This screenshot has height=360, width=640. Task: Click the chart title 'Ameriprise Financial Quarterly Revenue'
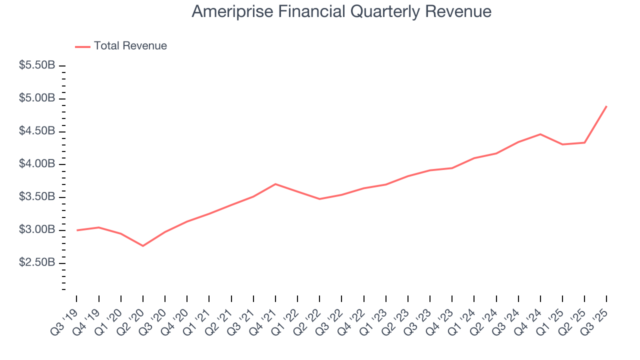[x=341, y=11]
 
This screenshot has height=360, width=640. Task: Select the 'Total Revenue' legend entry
[x=130, y=46]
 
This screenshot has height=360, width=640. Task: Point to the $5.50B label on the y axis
[x=37, y=65]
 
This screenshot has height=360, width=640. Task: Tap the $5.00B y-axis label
[x=37, y=98]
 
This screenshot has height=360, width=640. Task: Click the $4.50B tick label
[x=37, y=131]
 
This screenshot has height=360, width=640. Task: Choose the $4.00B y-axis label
[x=37, y=164]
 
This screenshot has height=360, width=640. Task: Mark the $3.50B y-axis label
[x=37, y=197]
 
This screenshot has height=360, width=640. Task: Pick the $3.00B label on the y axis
[x=37, y=230]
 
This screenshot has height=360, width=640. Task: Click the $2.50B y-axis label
[x=37, y=263]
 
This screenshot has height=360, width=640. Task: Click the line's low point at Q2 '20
[x=143, y=246]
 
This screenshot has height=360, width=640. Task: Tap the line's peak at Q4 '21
[x=275, y=184]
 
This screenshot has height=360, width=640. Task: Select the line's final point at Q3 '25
[x=606, y=106]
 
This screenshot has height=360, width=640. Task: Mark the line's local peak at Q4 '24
[x=540, y=134]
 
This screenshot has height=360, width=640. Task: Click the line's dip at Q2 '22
[x=319, y=199]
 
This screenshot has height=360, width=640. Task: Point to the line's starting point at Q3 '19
[x=77, y=230]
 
